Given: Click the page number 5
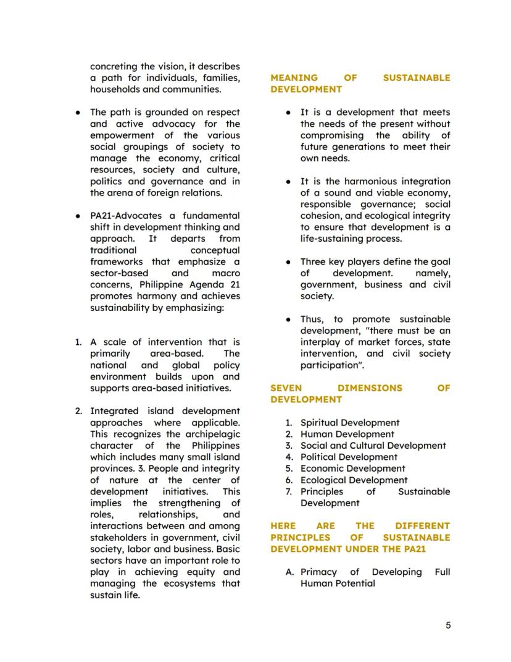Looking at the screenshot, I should point(448,625).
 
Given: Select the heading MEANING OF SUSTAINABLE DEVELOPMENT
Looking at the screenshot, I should point(360,83).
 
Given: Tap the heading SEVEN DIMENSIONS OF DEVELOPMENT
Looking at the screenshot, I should point(360,394).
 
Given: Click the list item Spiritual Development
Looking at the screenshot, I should point(349,423).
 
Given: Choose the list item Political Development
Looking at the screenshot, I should point(349,457).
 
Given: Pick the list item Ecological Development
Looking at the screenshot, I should point(354,480).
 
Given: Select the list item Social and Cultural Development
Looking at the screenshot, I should point(373,446).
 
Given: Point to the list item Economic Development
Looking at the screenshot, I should point(352,469).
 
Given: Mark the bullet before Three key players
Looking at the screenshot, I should point(288,262).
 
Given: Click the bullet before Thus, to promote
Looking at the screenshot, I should point(288,320).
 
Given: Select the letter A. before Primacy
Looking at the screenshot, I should point(290,572).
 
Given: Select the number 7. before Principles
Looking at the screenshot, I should point(288,491).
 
